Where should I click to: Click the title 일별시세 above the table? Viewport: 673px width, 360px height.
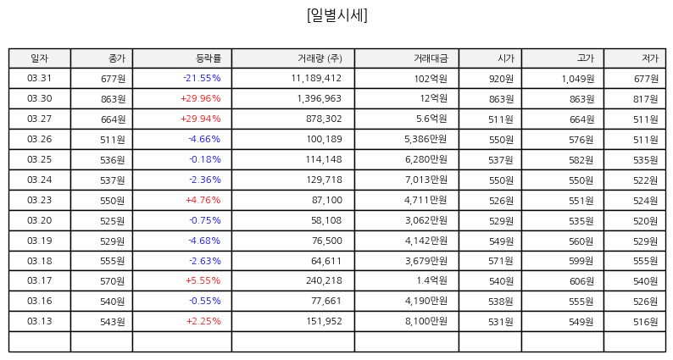337,15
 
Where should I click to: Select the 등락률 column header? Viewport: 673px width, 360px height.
209,58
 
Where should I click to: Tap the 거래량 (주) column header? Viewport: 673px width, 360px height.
320,58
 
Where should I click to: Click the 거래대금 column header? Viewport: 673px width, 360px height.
431,58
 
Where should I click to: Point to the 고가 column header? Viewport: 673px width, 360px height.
586,58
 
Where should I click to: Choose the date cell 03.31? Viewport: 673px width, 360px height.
39,78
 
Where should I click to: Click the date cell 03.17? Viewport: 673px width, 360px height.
39,280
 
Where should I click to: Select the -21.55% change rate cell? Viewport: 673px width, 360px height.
202,78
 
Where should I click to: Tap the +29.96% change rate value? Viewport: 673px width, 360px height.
200,98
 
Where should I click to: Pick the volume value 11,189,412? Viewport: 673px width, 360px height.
316,78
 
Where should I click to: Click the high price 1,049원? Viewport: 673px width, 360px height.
578,79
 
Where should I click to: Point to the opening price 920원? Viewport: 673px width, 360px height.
501,79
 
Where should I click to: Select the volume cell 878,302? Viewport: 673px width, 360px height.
324,119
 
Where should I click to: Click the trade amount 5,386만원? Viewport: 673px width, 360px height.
425,139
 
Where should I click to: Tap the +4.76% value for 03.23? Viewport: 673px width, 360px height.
203,200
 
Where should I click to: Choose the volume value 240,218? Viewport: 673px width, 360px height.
324,280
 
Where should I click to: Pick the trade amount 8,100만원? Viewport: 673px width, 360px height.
426,321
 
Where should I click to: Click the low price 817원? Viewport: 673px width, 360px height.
646,99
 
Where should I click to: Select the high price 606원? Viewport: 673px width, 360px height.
581,281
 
